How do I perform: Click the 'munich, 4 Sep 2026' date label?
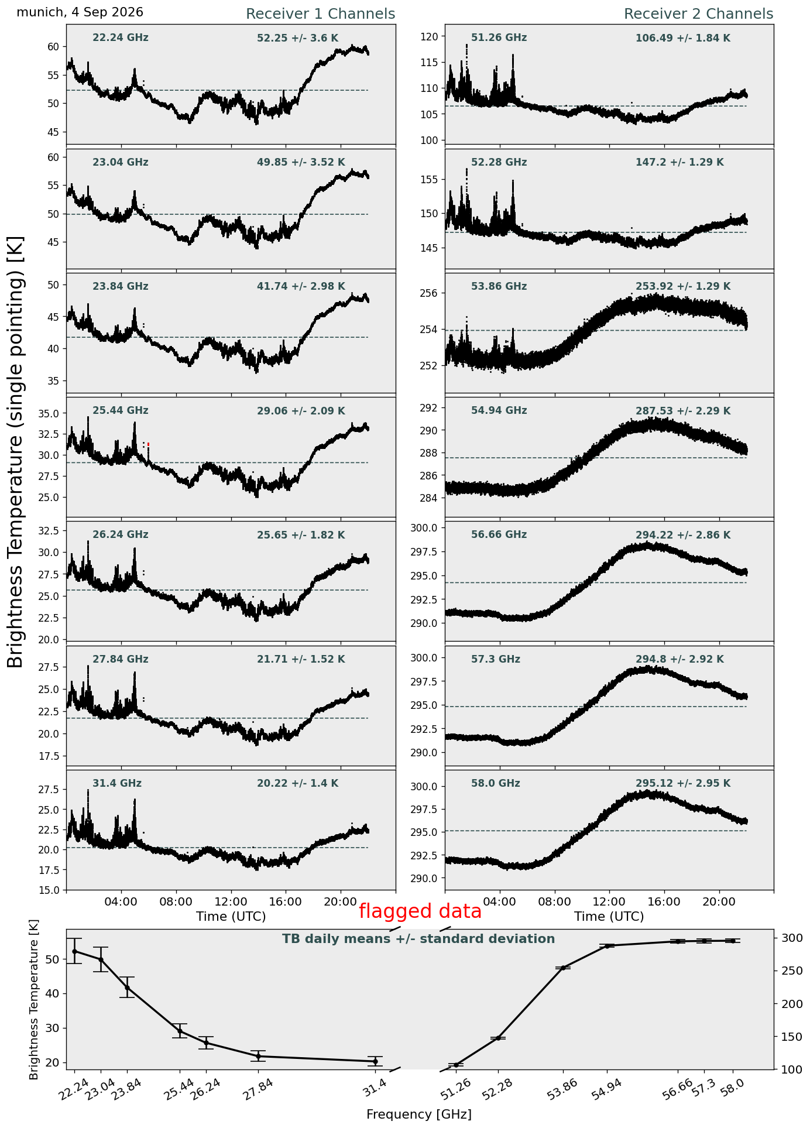(80, 12)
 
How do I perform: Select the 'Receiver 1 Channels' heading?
(320, 14)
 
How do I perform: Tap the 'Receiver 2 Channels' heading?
(699, 14)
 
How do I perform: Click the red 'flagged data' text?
(420, 911)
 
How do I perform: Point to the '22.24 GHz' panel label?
(121, 38)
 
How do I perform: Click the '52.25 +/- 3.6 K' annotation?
(298, 39)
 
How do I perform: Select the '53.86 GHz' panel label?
(499, 287)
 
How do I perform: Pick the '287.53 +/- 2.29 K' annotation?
(683, 412)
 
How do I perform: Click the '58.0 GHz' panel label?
(496, 784)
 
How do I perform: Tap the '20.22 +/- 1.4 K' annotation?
(298, 784)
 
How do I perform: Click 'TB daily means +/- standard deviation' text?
(418, 940)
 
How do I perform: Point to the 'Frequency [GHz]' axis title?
(419, 1115)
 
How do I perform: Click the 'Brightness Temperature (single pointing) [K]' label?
(16, 452)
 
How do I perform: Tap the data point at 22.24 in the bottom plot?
(74, 951)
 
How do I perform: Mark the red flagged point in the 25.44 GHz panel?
(148, 445)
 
